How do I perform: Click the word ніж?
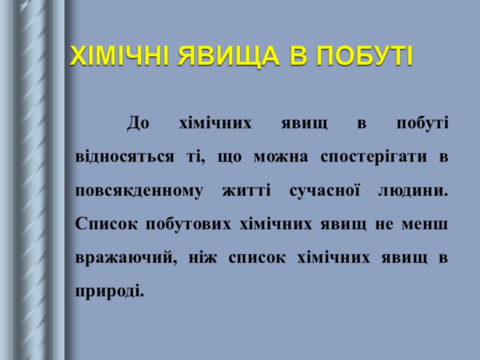coord(201,257)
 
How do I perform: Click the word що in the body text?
coord(230,157)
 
